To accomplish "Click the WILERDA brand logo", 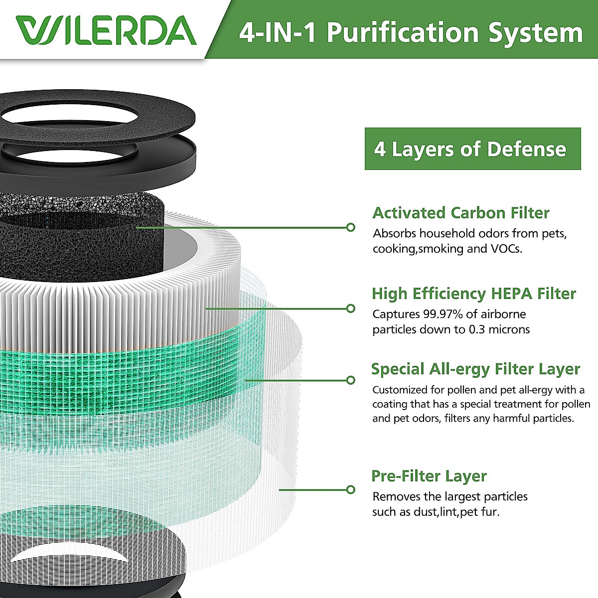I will tap(106, 31).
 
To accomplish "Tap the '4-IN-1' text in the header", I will tap(277, 33).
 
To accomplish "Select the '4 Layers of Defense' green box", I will tap(472, 149).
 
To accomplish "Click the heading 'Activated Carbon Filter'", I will tap(460, 213).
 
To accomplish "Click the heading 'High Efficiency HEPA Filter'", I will tap(473, 294).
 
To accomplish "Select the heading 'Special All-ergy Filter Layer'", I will tap(475, 369).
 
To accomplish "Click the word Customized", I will tap(400, 390).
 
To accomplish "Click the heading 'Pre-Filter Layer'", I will tap(429, 476).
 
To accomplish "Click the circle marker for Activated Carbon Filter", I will tap(351, 227).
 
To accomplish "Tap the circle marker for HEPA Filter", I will tap(351, 308).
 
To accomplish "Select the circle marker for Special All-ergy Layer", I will tap(351, 380).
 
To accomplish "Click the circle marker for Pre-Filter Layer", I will tap(351, 489).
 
